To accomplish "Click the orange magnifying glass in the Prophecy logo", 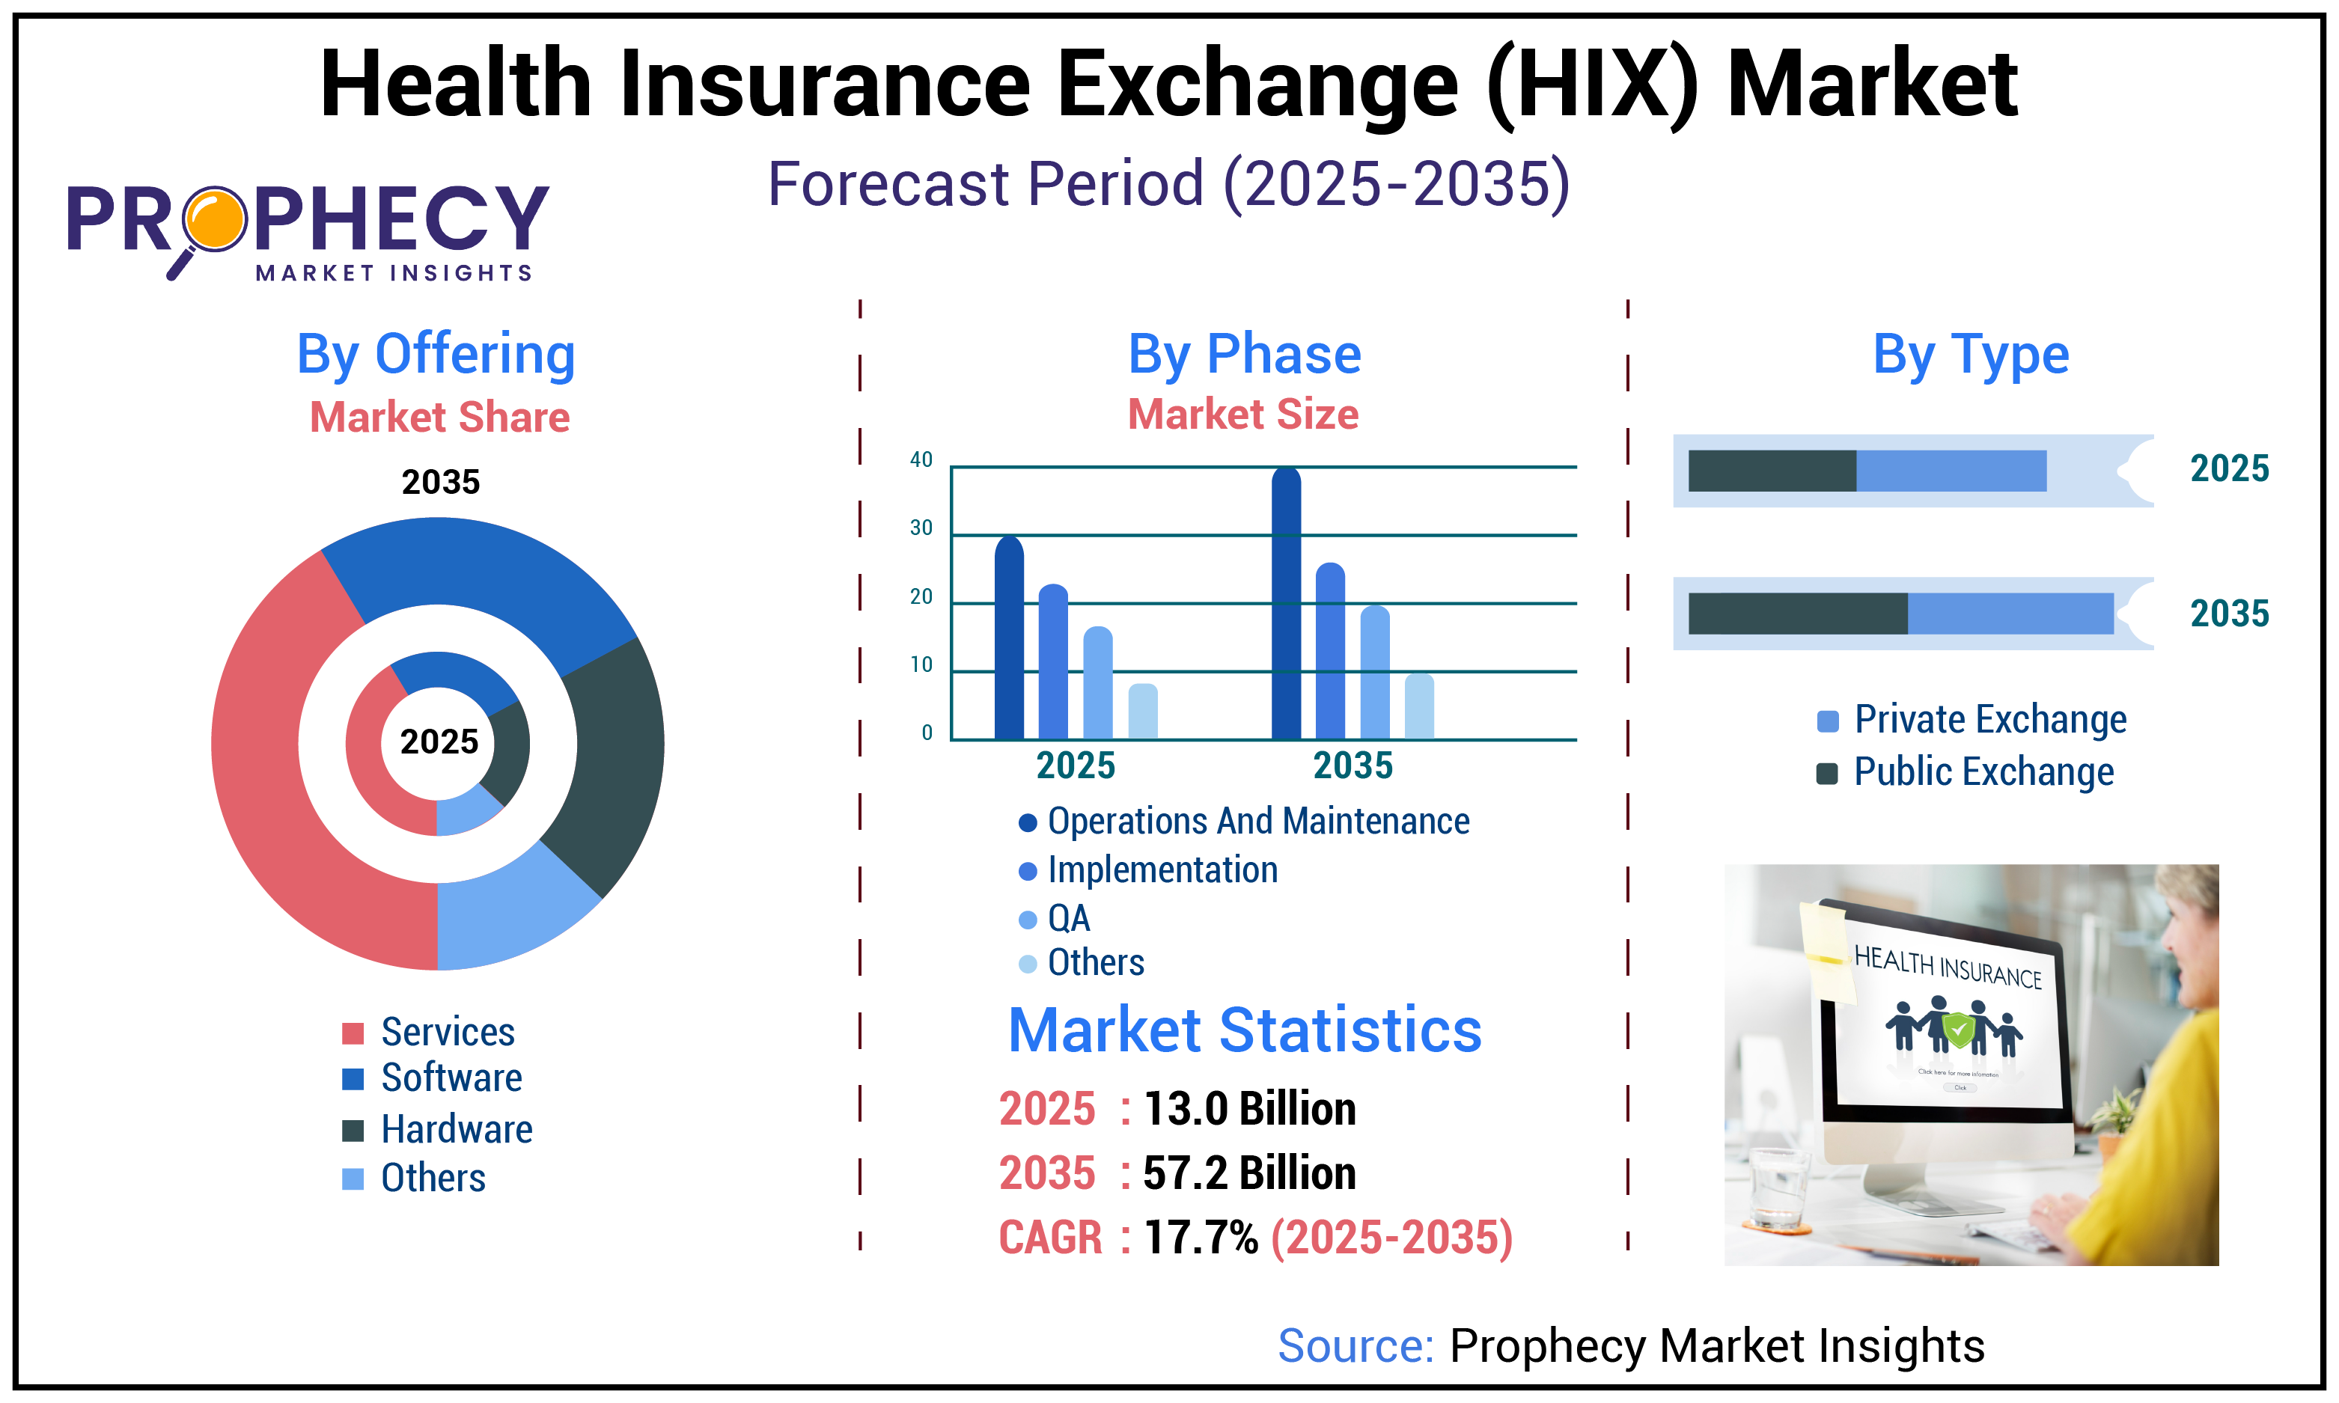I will tap(215, 219).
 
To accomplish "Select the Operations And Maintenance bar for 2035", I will tap(1286, 605).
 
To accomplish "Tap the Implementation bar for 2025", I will tap(1053, 661).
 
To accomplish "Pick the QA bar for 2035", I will tap(1375, 673).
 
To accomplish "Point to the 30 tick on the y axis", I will tap(921, 528).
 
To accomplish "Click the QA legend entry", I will tap(1068, 918).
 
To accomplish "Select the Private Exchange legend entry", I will tap(1989, 720).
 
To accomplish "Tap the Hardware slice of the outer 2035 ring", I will tap(610, 756).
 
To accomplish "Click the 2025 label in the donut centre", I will tap(439, 742).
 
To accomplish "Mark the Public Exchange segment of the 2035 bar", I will tap(1796, 614).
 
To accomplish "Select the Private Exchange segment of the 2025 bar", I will tap(1951, 471).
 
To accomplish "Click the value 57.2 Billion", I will tap(1249, 1173).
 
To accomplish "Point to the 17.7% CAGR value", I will tap(1201, 1238).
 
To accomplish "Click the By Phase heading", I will tap(1244, 355).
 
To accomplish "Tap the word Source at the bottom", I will tap(1355, 1345).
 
